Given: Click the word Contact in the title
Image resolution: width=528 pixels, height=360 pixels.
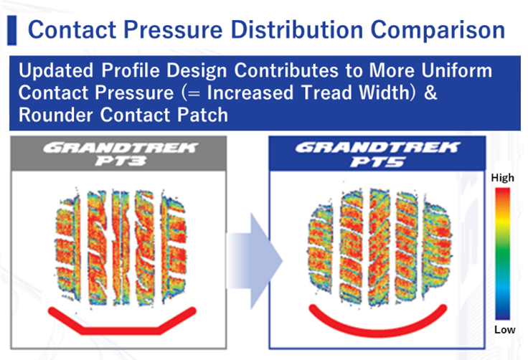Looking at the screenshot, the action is click(x=72, y=29).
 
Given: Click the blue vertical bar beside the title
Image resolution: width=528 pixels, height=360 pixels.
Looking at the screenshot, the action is click(x=11, y=30).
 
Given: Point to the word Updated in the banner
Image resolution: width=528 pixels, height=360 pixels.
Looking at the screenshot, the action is click(x=56, y=72).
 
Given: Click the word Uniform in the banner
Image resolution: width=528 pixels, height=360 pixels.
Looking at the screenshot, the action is click(x=456, y=71).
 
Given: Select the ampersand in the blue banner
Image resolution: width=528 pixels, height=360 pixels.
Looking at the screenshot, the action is click(x=430, y=93).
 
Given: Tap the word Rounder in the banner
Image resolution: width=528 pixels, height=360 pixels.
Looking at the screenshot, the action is click(x=55, y=115).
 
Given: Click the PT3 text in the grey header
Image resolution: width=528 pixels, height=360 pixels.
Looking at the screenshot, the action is click(x=121, y=161).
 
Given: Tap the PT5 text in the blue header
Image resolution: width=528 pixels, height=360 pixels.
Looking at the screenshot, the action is click(x=377, y=162).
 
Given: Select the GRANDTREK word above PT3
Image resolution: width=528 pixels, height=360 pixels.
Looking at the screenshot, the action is click(x=121, y=148).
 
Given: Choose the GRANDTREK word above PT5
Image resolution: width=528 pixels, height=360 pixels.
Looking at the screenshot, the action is click(x=377, y=148).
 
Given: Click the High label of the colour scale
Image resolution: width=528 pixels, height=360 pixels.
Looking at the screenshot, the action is click(x=502, y=178).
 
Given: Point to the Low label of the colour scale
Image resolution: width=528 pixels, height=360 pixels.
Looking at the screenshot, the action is click(x=504, y=330).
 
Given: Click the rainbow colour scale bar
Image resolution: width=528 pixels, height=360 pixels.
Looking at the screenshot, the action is click(x=502, y=254).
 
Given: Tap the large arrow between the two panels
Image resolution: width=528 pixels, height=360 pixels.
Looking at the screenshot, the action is click(x=255, y=261).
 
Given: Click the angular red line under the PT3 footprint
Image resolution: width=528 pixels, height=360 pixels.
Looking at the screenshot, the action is click(x=121, y=331).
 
